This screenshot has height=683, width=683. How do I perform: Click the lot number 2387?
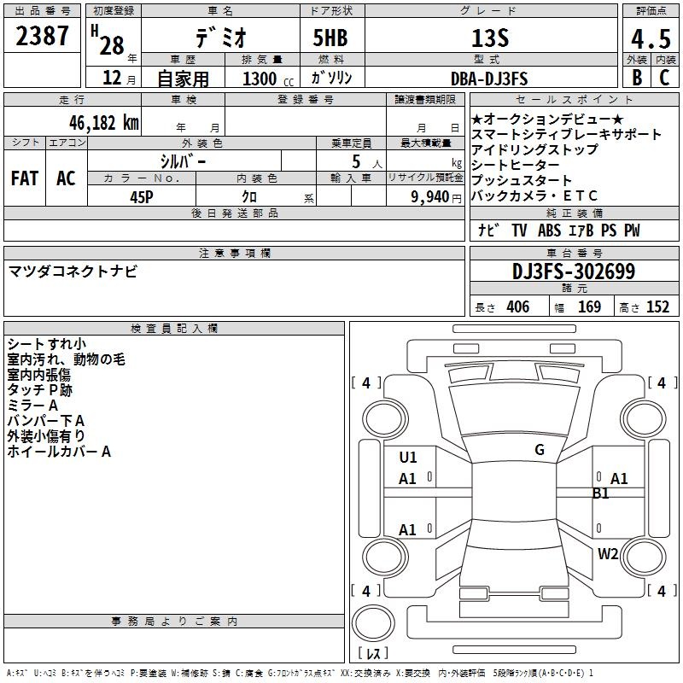[x=42, y=36]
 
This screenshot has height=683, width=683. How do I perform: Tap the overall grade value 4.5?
[x=651, y=38]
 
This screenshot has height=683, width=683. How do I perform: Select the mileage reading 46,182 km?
[x=103, y=123]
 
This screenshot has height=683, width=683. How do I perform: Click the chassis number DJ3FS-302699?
[x=574, y=271]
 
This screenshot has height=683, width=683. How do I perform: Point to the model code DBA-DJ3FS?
[x=489, y=79]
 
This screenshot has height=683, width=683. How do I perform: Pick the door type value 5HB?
[x=330, y=38]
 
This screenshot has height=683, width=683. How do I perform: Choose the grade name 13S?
[x=490, y=38]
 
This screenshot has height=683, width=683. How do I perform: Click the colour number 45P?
[x=142, y=197]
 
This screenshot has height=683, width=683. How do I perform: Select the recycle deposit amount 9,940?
[x=430, y=197]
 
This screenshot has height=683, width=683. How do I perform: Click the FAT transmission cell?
[x=25, y=178]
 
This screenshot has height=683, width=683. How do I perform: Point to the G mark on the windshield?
[x=540, y=450]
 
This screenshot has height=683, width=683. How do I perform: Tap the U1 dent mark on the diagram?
[x=408, y=458]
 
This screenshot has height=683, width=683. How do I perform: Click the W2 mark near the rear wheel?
[x=608, y=554]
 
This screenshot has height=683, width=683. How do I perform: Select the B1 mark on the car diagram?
[x=601, y=493]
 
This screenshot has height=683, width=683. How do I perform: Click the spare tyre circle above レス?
[x=373, y=623]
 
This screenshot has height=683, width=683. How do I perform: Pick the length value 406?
[x=518, y=306]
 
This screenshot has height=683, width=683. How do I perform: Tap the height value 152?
[x=657, y=306]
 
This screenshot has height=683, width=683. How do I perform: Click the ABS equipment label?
[x=549, y=231]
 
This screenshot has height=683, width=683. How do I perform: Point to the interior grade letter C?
[x=664, y=78]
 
